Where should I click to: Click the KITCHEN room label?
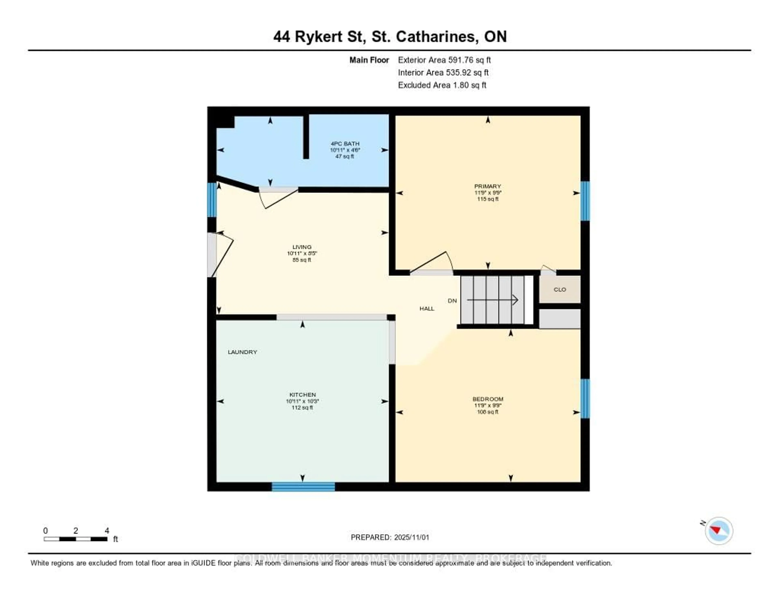point(302,395)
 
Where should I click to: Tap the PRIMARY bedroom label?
point(488,186)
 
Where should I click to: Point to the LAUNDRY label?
point(243,352)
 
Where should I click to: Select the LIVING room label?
point(302,247)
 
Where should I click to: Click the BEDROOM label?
point(488,399)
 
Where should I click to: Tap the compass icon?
point(719,531)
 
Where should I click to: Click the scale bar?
point(76,539)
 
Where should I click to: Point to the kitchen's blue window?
point(303,487)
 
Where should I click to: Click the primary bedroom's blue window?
point(585,201)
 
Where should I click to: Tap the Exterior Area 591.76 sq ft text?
point(444,60)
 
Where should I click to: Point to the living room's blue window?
point(212,200)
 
